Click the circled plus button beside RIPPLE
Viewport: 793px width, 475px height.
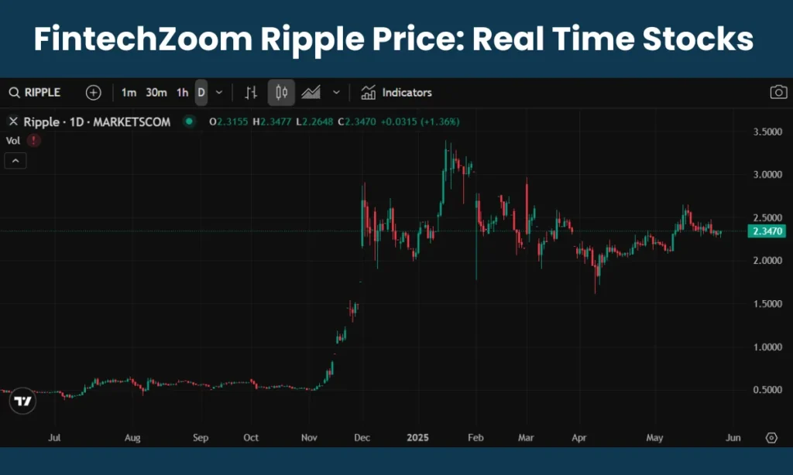[x=93, y=93]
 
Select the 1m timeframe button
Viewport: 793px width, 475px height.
[x=129, y=93]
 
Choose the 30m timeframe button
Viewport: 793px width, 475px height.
[x=156, y=93]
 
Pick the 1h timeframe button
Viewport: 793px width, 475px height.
[x=182, y=93]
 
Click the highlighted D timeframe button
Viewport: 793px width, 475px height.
[x=201, y=93]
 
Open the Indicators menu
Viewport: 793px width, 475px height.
[x=396, y=93]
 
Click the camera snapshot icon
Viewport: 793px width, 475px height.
[x=778, y=93]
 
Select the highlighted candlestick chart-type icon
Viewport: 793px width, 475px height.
[x=281, y=93]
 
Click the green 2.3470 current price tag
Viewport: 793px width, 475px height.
[x=767, y=231]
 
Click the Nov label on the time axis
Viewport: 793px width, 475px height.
[x=309, y=438]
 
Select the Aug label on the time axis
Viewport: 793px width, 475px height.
[x=132, y=438]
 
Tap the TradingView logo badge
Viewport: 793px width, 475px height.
[x=23, y=402]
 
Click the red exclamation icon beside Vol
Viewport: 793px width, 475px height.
[x=33, y=141]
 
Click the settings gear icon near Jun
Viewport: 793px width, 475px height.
[x=771, y=438]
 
